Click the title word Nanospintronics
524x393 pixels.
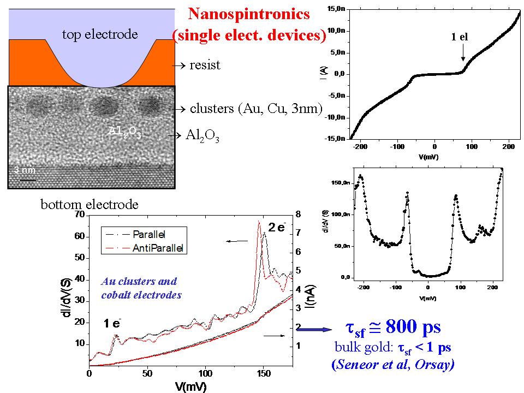coord(249,14)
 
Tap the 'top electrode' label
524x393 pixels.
coord(99,35)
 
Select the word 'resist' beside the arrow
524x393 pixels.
coord(204,65)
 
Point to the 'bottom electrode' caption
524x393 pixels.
coord(90,205)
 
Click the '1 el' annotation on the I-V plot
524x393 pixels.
coord(459,38)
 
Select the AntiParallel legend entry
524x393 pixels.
coord(157,248)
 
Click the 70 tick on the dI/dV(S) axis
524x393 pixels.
coord(80,215)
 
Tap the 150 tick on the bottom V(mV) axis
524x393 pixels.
coord(264,374)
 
